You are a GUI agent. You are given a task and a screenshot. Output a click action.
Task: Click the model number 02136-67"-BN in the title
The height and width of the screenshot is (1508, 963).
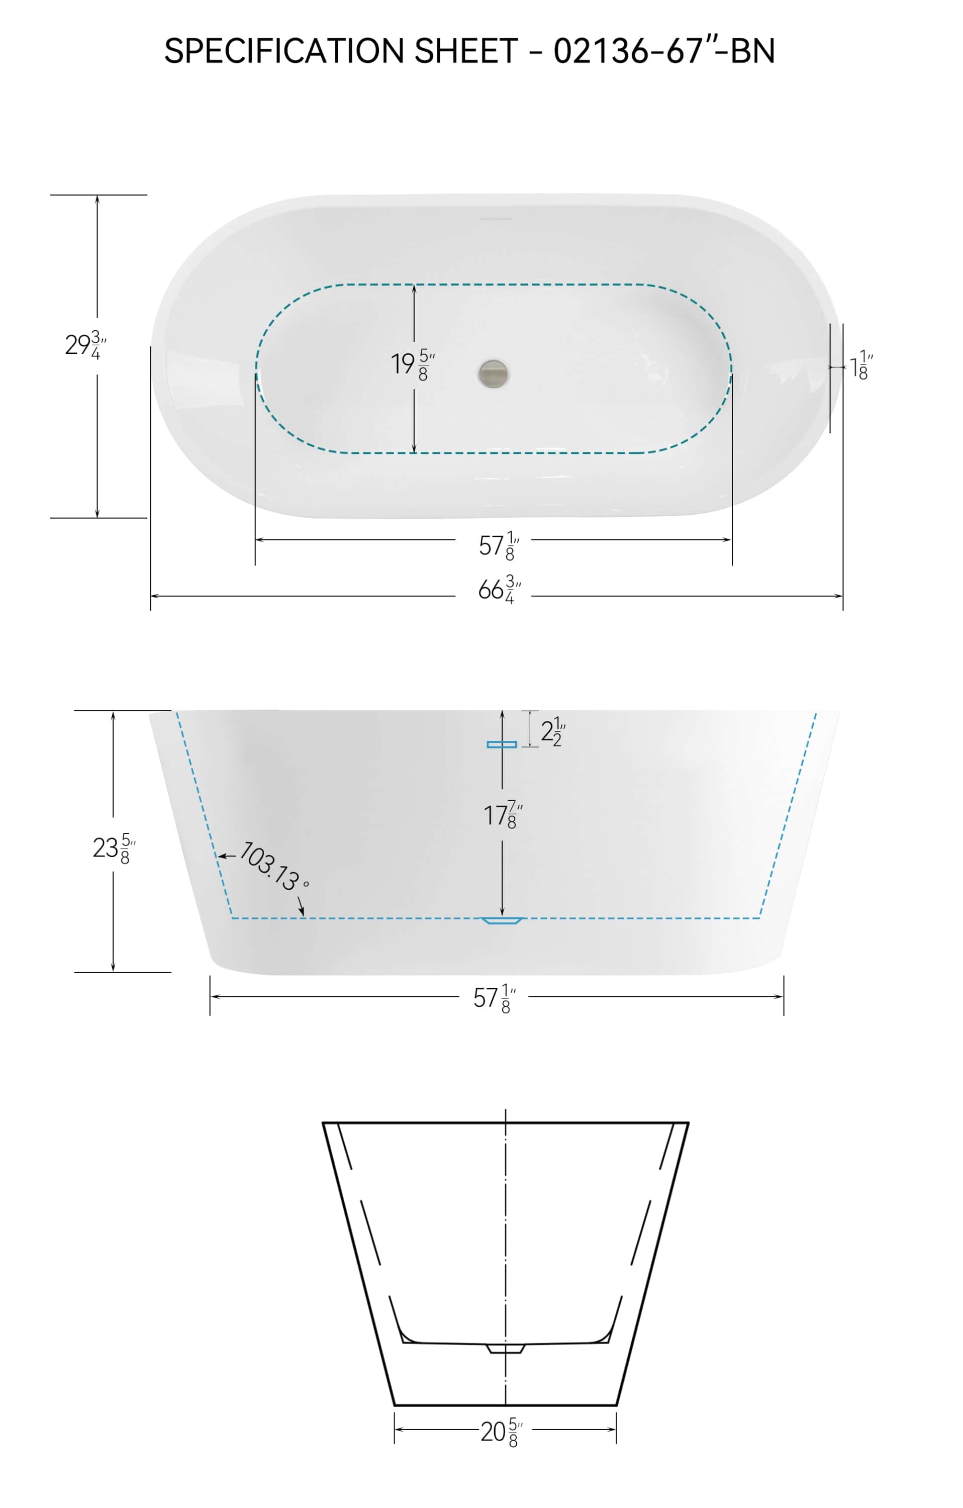664,51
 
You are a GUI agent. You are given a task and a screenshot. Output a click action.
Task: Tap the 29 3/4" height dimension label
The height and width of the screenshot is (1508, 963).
85,345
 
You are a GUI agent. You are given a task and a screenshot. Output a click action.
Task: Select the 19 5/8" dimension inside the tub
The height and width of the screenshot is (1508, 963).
412,364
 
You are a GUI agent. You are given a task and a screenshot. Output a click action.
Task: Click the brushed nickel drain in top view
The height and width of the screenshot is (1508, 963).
494,373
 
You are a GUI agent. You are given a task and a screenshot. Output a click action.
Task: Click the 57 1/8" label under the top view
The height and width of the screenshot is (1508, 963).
499,545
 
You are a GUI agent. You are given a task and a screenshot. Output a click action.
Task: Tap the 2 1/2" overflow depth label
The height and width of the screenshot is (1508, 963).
552,731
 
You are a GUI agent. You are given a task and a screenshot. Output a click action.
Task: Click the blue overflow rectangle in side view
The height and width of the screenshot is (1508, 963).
502,744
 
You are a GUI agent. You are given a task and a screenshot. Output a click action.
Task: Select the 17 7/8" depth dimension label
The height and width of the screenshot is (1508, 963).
502,815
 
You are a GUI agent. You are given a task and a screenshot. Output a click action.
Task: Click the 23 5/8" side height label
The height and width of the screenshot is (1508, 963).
113,849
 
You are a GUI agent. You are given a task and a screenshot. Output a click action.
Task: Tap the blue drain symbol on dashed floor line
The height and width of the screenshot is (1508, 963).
502,920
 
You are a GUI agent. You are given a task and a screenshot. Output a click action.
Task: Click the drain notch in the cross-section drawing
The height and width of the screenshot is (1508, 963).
505,1348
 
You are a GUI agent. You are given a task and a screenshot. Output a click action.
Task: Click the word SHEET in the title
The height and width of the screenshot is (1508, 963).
466,51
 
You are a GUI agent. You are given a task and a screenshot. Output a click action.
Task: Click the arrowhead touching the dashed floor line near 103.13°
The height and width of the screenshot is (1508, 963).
303,914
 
